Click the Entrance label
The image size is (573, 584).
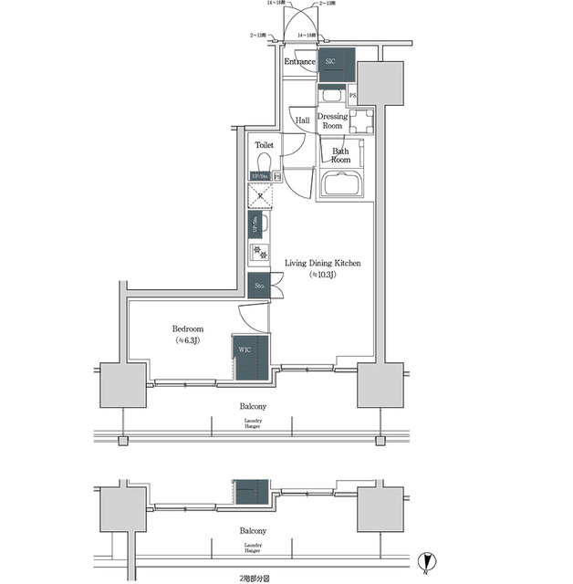[299, 62]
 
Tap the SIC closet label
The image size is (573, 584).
[331, 61]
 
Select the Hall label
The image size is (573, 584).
[302, 120]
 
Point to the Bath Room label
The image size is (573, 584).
[340, 155]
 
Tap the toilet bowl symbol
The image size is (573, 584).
[264, 162]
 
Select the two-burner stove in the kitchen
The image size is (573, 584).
[258, 251]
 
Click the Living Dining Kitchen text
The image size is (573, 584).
[323, 263]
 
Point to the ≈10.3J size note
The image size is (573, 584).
[323, 275]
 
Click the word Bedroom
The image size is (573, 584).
[188, 328]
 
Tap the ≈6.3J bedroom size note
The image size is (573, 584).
[188, 340]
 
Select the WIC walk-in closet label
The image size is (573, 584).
[245, 349]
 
